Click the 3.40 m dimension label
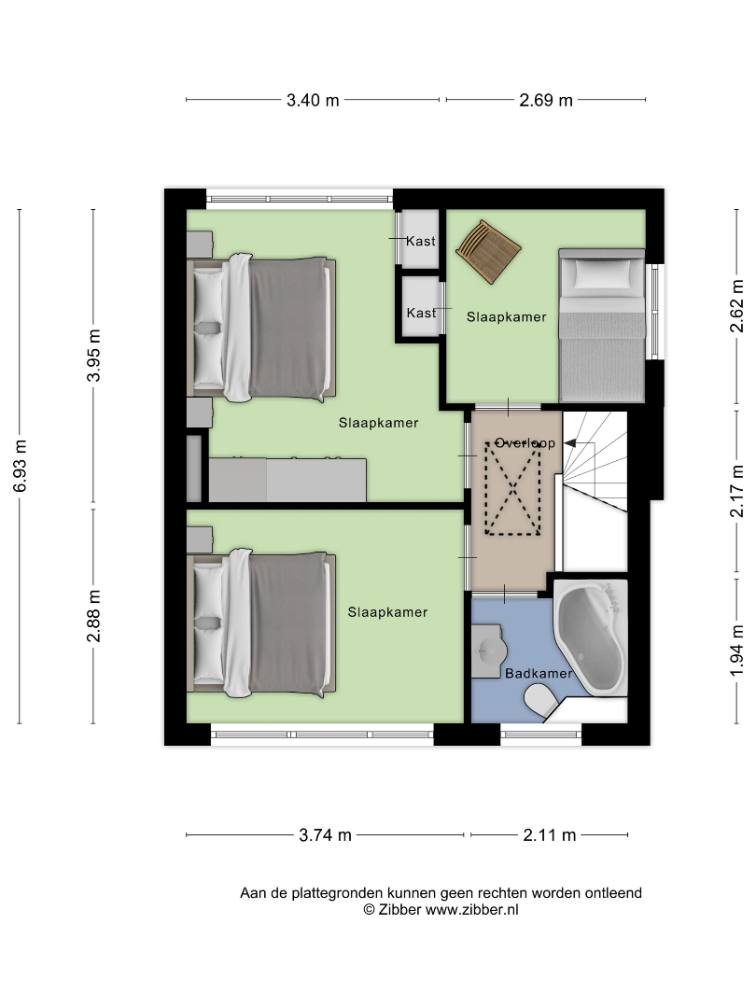click(x=313, y=100)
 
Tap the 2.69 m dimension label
click(x=546, y=100)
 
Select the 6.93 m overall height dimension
click(x=20, y=466)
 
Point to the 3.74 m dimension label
click(x=326, y=835)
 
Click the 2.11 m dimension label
click(x=549, y=835)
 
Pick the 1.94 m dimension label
click(x=736, y=651)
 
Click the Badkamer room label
click(x=539, y=673)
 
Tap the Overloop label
click(x=525, y=443)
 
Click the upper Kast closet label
click(x=421, y=241)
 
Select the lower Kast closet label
click(x=421, y=313)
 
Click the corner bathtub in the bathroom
click(x=590, y=637)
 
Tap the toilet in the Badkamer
click(x=541, y=700)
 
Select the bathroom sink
click(x=486, y=651)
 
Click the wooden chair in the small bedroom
click(x=488, y=251)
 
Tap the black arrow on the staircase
click(x=570, y=443)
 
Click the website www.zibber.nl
click(x=472, y=910)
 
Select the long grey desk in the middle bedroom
click(x=287, y=480)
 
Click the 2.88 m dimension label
click(x=94, y=616)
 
